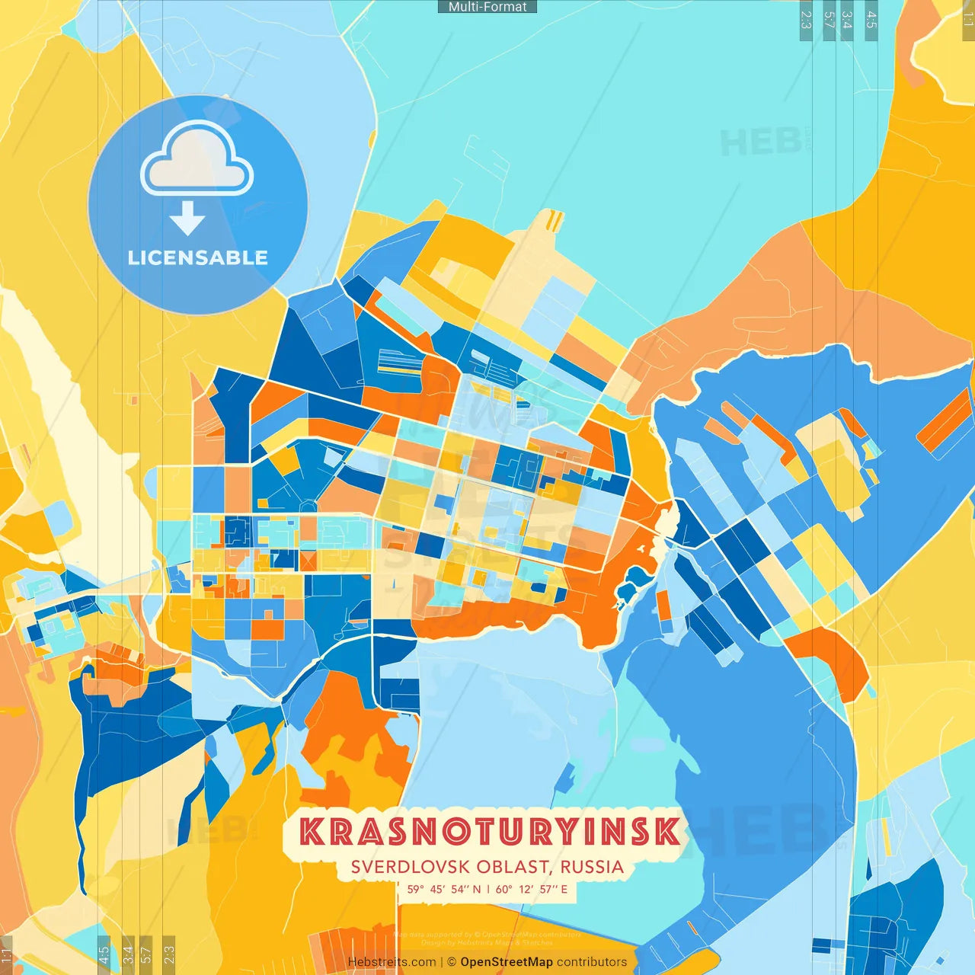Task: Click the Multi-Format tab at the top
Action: (x=487, y=7)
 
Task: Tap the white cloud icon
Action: (x=197, y=160)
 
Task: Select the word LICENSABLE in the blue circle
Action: (x=197, y=257)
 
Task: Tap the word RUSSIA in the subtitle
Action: (x=592, y=867)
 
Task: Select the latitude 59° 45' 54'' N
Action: (x=444, y=889)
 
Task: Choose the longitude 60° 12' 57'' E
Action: (x=532, y=889)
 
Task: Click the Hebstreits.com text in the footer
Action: (x=392, y=962)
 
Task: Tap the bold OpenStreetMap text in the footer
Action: (x=507, y=962)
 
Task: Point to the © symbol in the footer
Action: (x=451, y=962)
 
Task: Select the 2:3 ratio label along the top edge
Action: (x=805, y=20)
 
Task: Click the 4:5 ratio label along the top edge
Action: (x=871, y=20)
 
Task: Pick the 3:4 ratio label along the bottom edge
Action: (x=128, y=954)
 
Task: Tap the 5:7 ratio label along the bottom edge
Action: (x=146, y=954)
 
